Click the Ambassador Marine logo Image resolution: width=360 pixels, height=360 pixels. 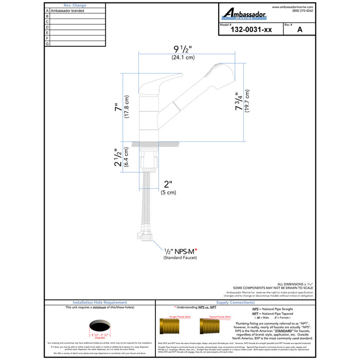tap(244, 14)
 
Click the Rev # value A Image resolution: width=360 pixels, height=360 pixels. tap(299, 30)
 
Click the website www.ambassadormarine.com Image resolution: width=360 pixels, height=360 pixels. tap(293, 7)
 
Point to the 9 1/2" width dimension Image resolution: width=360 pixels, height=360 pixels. tap(183, 50)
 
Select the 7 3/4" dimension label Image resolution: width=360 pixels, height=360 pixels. tap(238, 102)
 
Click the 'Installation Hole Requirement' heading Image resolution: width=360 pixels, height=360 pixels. tap(100, 303)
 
